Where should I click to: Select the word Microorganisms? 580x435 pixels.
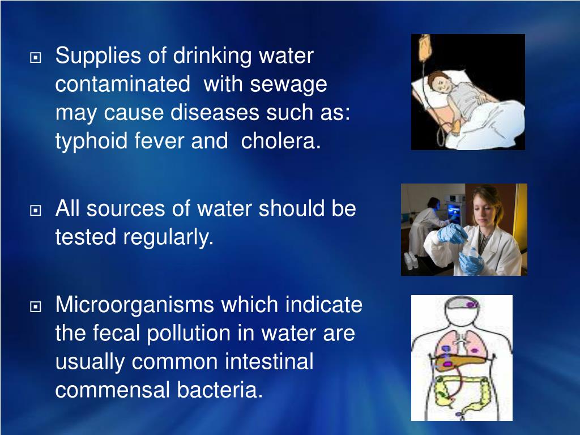coord(135,305)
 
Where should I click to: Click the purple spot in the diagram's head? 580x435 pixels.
coord(471,305)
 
